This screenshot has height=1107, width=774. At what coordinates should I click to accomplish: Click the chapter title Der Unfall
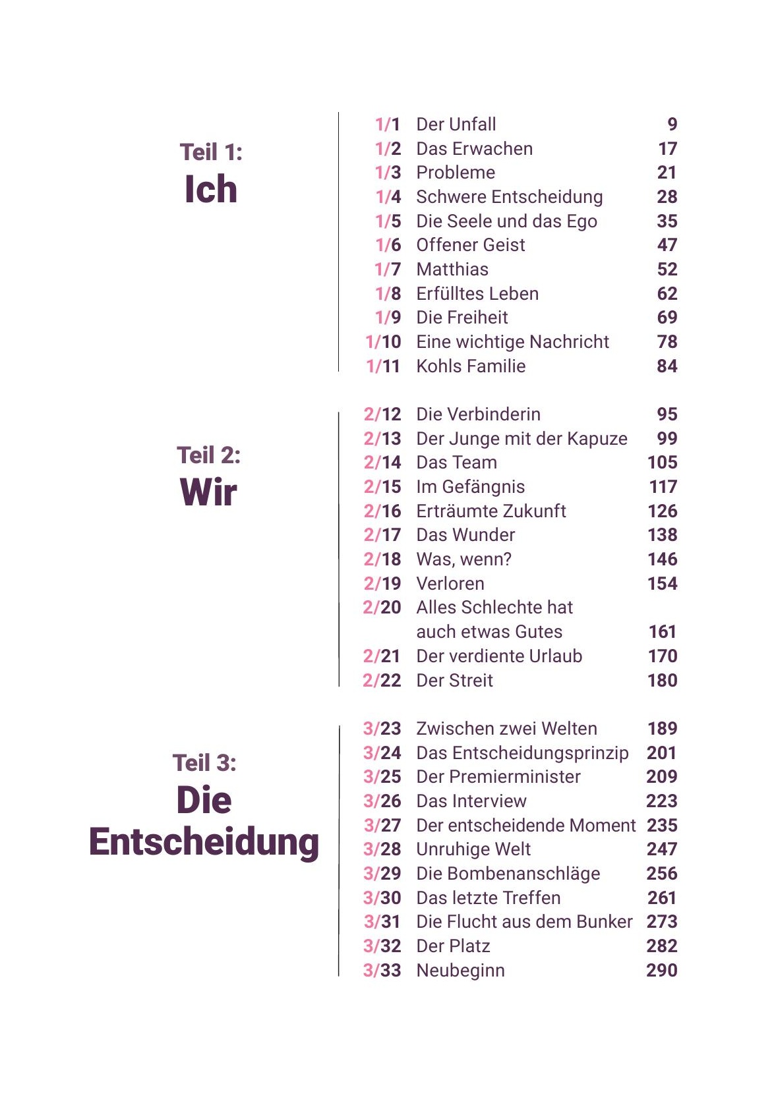pos(456,125)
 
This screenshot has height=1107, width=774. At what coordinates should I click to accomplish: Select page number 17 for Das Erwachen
pos(667,149)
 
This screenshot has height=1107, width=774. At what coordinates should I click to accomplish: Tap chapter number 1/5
pos(388,221)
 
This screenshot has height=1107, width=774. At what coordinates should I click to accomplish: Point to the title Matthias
pos(452,270)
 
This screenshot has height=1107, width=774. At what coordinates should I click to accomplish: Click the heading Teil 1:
pos(211,152)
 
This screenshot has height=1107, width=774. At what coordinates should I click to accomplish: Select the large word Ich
pos(210,190)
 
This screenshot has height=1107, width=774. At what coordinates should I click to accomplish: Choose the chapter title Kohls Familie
pos(471,366)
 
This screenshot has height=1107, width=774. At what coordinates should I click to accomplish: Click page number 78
pos(667,342)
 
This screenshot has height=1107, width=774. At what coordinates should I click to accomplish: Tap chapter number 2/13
pos(382,439)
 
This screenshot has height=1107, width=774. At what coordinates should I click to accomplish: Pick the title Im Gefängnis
pos(471,487)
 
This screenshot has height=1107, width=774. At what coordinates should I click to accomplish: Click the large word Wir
pos(208,492)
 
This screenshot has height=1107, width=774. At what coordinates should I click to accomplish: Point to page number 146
pos(663,559)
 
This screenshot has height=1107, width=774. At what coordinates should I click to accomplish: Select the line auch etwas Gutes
pos(489,632)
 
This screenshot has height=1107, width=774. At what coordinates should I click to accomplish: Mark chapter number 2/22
pos(382,681)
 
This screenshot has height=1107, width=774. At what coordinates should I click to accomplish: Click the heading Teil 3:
pos(204,763)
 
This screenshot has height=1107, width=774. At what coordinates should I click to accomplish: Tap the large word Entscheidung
pos(204,843)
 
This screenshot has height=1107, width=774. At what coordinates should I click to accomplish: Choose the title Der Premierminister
pos(498,777)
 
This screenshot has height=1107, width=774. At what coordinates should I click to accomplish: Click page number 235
pos(662,826)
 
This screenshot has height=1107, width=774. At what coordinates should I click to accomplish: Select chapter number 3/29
pos(382,874)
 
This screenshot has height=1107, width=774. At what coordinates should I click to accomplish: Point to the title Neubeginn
pos(460,971)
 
